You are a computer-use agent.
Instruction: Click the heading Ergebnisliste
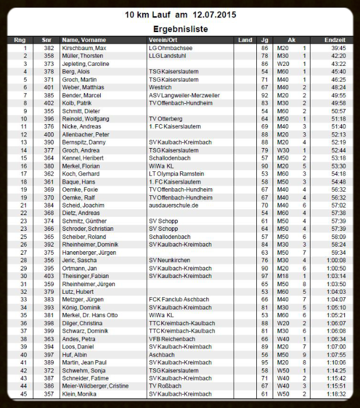tap(181, 28)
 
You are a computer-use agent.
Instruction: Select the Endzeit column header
tap(335, 40)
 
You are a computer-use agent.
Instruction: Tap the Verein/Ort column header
tap(164, 40)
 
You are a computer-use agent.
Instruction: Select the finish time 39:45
tap(338, 48)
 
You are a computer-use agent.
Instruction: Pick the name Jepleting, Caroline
tap(86, 64)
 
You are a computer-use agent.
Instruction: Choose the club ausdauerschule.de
tap(174, 205)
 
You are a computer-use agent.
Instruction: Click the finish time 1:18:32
tap(336, 394)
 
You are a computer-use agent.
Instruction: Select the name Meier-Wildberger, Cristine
tap(94, 386)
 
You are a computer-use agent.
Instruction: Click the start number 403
tap(48, 276)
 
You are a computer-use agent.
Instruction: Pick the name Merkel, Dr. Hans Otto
tap(90, 315)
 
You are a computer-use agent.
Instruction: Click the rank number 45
tap(24, 394)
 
